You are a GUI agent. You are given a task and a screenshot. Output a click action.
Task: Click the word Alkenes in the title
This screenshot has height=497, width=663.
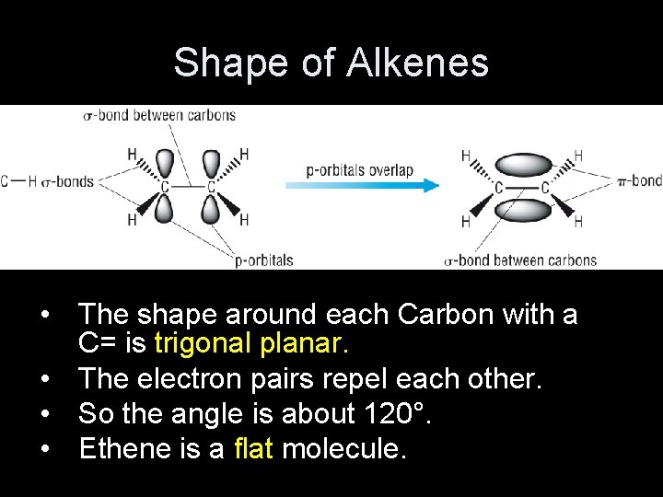coord(419,63)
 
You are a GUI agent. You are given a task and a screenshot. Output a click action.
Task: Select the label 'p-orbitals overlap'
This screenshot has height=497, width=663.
coord(360,170)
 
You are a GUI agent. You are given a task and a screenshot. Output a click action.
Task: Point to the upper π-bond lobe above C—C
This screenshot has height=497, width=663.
coord(521,166)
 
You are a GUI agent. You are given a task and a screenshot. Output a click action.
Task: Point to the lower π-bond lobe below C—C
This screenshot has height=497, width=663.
coord(521,210)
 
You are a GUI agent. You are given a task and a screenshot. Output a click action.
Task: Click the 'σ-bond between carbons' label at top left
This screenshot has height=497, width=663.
coord(159,116)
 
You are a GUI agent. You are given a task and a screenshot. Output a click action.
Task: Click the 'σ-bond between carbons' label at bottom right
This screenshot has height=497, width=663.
coord(520,260)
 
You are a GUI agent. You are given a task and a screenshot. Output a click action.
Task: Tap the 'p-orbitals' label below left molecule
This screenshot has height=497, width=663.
coord(263,260)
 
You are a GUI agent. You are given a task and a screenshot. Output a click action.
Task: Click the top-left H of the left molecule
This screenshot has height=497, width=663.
coord(133,153)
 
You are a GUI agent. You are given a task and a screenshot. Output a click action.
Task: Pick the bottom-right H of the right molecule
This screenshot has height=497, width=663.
coord(578,222)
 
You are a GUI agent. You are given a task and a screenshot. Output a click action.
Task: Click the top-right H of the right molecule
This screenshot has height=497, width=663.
coord(578,156)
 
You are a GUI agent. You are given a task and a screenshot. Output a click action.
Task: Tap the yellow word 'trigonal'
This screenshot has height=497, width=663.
coord(201,343)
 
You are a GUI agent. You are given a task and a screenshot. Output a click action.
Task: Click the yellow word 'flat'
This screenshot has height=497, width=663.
coord(254,448)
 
